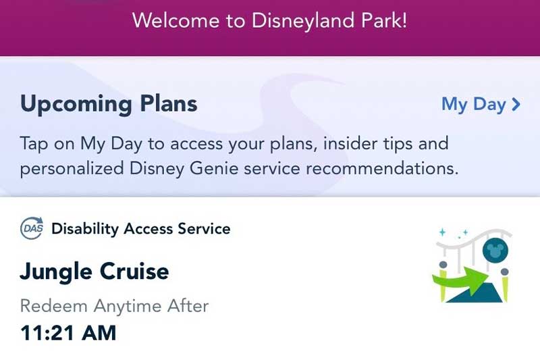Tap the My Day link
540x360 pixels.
(481, 105)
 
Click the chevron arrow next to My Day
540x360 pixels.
(516, 105)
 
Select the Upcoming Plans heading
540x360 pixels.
(109, 104)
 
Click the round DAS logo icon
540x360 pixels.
(32, 228)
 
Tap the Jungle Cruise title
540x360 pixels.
(94, 272)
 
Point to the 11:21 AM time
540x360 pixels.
(68, 333)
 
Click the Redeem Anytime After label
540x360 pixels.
(114, 306)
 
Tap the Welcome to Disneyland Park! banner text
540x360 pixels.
(269, 20)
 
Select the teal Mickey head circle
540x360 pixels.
(495, 250)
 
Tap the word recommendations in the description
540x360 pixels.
(382, 169)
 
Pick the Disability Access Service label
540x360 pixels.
(141, 229)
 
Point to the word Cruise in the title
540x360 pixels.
(134, 271)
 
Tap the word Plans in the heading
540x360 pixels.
(169, 103)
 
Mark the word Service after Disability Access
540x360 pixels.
(204, 229)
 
